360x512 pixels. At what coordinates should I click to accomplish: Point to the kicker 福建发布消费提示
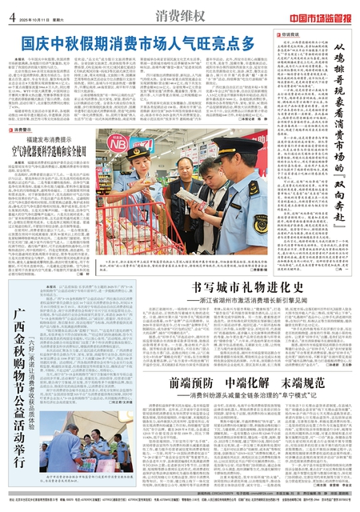tap(48, 138)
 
